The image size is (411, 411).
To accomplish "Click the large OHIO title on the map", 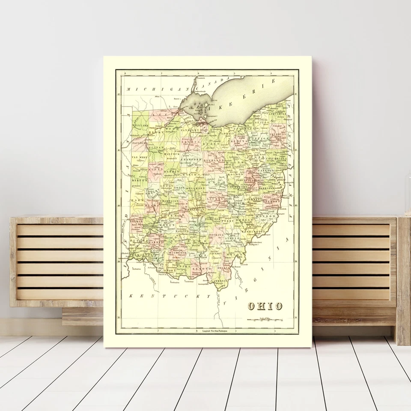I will coord(265,306).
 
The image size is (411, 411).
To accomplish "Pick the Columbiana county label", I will coord(275,158).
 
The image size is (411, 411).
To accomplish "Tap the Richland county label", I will coord(214,160).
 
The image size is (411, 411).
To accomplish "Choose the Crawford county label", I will coord(191,159).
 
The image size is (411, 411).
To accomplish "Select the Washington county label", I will coord(251,231).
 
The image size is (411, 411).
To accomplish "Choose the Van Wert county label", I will coord(138,158).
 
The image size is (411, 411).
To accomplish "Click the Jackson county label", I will coord(215,253).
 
